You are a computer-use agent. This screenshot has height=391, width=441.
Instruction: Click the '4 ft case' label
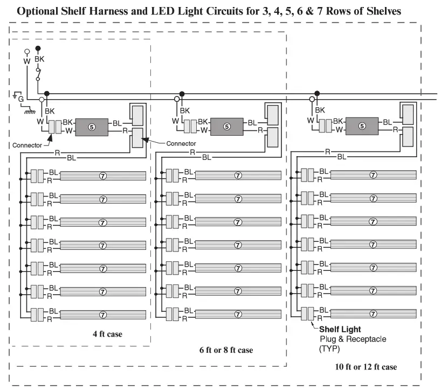tap(107, 334)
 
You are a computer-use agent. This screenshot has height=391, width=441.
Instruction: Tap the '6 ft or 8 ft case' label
tap(225, 350)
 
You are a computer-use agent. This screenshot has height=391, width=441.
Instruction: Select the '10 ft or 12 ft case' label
tap(366, 367)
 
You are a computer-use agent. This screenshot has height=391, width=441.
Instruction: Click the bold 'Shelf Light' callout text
tap(340, 329)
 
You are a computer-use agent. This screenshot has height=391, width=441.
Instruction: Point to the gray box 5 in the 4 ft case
tap(91, 127)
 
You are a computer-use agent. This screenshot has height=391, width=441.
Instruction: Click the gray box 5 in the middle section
tap(226, 127)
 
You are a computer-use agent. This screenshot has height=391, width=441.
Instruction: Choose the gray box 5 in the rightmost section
tap(362, 127)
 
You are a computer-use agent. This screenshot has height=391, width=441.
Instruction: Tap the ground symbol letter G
tap(21, 99)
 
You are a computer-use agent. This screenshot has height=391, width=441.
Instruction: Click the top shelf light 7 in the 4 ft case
tap(102, 176)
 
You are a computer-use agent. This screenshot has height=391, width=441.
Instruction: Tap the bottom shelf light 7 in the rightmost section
tap(373, 313)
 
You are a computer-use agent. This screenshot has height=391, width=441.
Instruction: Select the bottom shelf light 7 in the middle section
tap(238, 313)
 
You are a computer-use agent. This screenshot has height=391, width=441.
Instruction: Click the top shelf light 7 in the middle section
tap(238, 176)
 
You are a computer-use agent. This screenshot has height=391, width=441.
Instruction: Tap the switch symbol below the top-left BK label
tap(38, 74)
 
